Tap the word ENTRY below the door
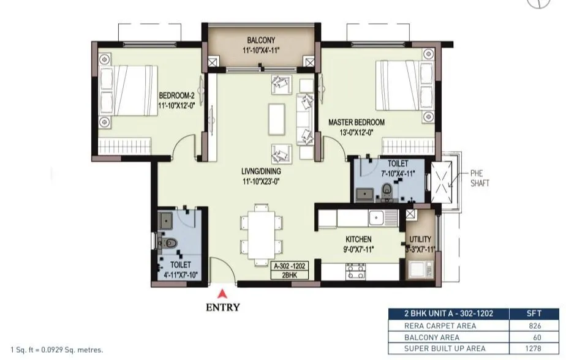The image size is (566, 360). tap(222, 307)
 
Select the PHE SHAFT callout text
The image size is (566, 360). tap(480, 178)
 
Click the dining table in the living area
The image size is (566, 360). tap(262, 235)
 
